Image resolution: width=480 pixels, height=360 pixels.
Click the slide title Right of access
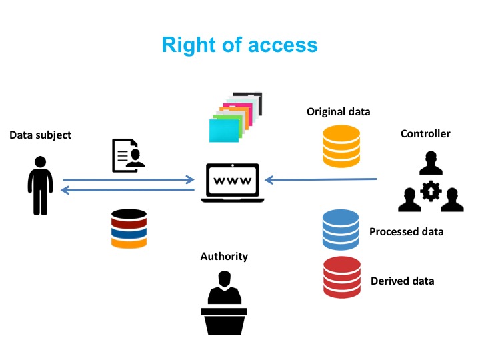240,45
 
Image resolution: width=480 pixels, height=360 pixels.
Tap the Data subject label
40,135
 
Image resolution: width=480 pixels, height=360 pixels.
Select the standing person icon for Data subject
40,185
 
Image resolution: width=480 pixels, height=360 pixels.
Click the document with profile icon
127,155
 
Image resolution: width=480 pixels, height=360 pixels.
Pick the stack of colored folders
235,118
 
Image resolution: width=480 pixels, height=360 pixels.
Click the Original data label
338,112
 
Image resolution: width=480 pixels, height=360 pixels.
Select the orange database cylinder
341,147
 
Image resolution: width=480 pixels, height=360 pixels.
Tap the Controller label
425,134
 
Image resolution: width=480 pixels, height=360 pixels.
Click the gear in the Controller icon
431,192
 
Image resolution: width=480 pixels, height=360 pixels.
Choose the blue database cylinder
341,229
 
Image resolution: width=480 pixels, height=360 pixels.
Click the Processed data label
406,232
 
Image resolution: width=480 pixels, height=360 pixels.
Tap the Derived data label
402,281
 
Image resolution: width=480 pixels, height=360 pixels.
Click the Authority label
224,256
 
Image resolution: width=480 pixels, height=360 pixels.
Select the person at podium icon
224,303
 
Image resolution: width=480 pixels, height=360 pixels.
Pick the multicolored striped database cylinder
129,228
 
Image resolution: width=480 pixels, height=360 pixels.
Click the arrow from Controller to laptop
321,179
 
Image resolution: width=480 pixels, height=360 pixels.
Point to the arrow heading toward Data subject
127,190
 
